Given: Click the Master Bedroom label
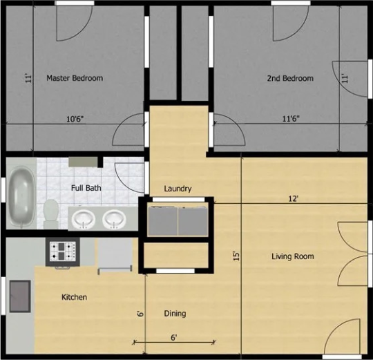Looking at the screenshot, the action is (75, 78).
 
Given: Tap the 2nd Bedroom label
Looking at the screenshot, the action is (290, 78).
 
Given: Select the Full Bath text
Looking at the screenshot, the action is (86, 188).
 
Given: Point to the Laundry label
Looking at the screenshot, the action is (178, 189).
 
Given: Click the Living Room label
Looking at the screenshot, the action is (293, 256).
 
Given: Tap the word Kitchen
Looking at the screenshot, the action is (74, 297).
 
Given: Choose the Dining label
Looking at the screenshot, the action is (175, 314).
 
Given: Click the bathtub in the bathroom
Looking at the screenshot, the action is (21, 197).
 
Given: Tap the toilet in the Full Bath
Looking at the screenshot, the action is (51, 214).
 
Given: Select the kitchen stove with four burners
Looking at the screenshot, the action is (63, 252).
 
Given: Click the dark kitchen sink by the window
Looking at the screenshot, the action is (20, 296).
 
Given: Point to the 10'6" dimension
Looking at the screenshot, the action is (75, 119).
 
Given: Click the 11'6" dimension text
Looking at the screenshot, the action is (291, 118).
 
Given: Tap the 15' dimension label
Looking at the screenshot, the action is (236, 256).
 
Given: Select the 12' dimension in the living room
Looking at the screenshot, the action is (294, 198).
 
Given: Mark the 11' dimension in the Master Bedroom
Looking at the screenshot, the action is (28, 79).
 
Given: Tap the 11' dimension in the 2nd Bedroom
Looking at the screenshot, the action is (345, 79).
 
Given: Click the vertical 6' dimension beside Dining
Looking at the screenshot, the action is (141, 314).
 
